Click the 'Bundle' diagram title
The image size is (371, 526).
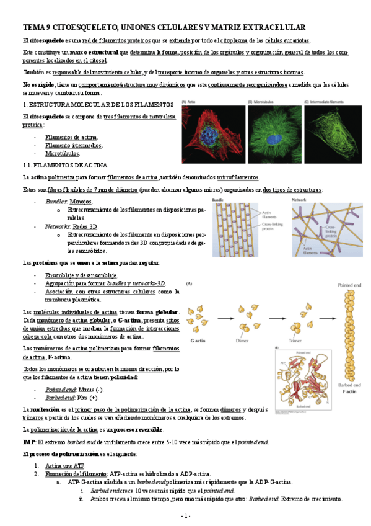pyautogui.click(x=218, y=200)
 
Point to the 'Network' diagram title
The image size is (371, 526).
pyautogui.click(x=299, y=200)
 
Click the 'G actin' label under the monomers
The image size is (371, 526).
pyautogui.click(x=198, y=341)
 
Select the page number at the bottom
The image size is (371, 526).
pyautogui.click(x=185, y=515)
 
